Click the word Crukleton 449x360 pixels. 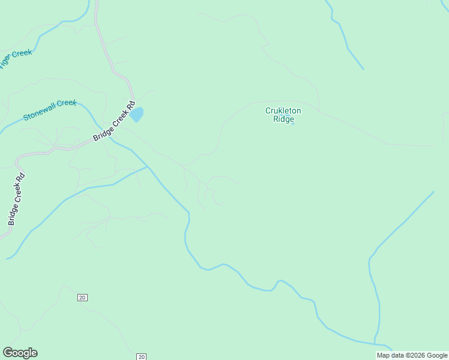(283, 110)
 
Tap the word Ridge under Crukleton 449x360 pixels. (283, 119)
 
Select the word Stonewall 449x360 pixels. (40, 112)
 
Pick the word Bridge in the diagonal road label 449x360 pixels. (100, 136)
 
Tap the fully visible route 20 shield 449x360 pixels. (82, 298)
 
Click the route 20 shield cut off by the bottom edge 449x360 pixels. (141, 356)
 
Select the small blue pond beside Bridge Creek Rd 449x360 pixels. (137, 113)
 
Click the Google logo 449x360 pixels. (20, 353)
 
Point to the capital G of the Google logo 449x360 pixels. (7, 353)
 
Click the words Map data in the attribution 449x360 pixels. (390, 355)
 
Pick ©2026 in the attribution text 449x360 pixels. (415, 355)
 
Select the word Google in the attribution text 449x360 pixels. (437, 355)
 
